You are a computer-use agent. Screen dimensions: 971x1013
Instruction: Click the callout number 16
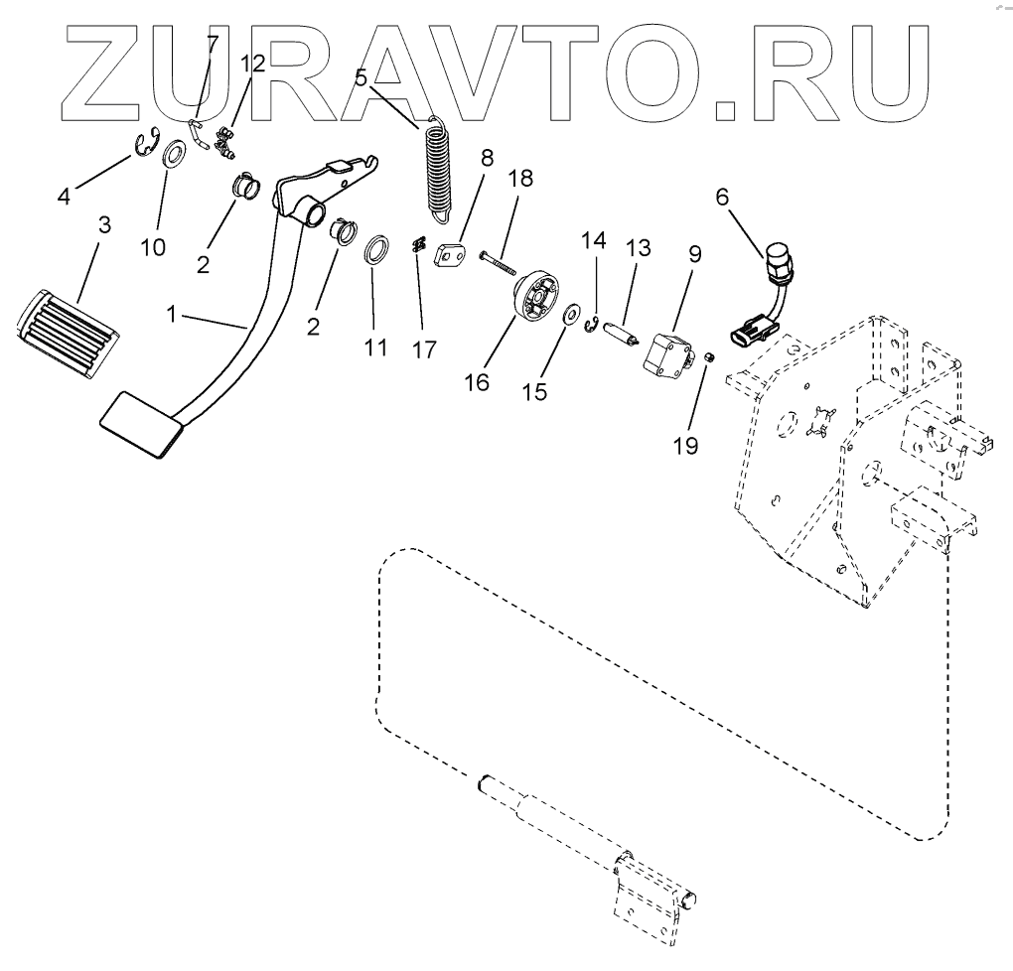point(477,382)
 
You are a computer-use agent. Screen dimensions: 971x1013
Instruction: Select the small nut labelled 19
point(710,356)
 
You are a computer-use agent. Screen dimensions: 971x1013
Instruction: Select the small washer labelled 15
point(573,315)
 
